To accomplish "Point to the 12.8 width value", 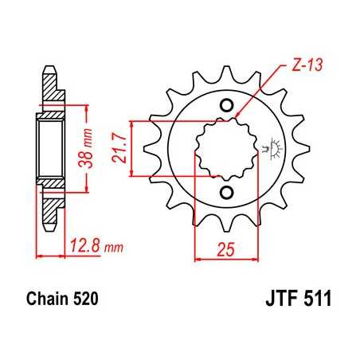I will [x=80, y=242].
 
